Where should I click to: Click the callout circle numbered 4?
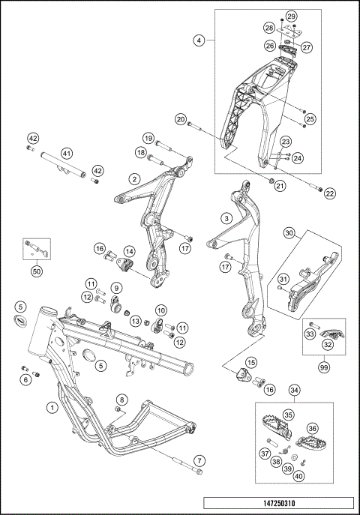coord(199,40)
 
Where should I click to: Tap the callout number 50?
coord(37,272)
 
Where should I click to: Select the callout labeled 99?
coord(324,367)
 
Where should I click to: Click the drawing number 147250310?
coord(279,503)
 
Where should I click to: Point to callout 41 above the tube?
coord(67,153)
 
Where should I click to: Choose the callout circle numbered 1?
coord(51,408)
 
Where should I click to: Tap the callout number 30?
coord(289,234)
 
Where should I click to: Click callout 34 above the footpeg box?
coord(294,391)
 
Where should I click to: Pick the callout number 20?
coord(181,119)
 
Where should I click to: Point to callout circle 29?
coord(291,16)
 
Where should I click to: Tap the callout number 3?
coord(226,218)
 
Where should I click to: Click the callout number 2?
coord(134,179)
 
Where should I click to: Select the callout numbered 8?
coord(122,400)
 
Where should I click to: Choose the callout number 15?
coord(251,363)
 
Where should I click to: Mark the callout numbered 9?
coord(116,288)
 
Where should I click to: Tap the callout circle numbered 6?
coord(25,380)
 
